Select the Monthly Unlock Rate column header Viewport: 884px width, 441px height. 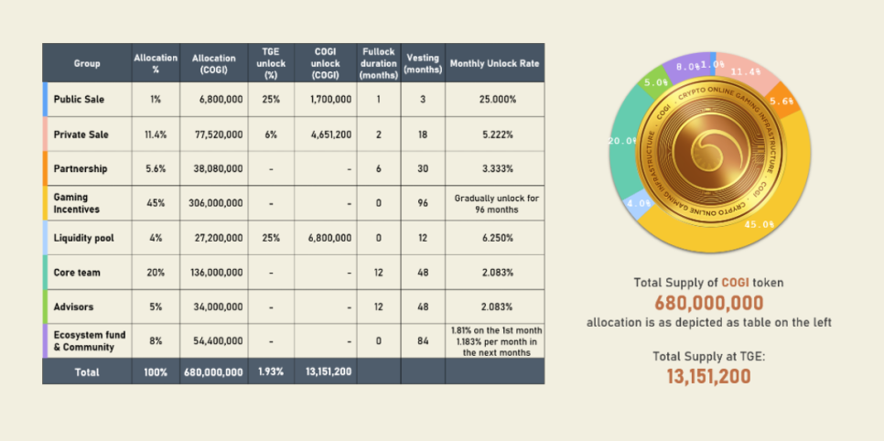point(494,63)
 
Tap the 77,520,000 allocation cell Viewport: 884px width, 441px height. point(217,134)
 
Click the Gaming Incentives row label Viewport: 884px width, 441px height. point(77,203)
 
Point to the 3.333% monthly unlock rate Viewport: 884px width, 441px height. point(494,168)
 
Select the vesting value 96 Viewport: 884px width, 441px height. point(423,203)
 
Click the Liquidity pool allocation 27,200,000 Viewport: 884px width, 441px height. point(218,238)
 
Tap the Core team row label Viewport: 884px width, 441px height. point(77,273)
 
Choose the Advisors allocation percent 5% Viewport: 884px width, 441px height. point(156,307)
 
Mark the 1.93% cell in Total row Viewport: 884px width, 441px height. point(271,372)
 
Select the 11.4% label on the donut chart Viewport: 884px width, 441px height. point(747,71)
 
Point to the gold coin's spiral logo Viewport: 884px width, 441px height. point(707,146)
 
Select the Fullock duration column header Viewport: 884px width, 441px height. point(378,63)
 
